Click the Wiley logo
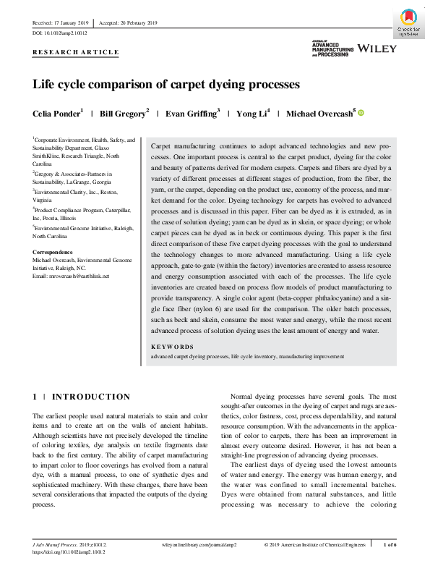click(377, 48)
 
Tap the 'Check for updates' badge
click(409, 22)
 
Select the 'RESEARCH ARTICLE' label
click(76, 53)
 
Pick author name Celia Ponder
click(56, 114)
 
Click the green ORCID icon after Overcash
click(361, 113)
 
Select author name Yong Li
click(251, 114)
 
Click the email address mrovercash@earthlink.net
click(71, 276)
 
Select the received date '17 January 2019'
click(72, 23)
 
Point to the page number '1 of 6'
click(389, 544)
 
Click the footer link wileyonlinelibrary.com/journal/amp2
click(197, 544)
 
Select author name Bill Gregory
click(122, 114)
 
